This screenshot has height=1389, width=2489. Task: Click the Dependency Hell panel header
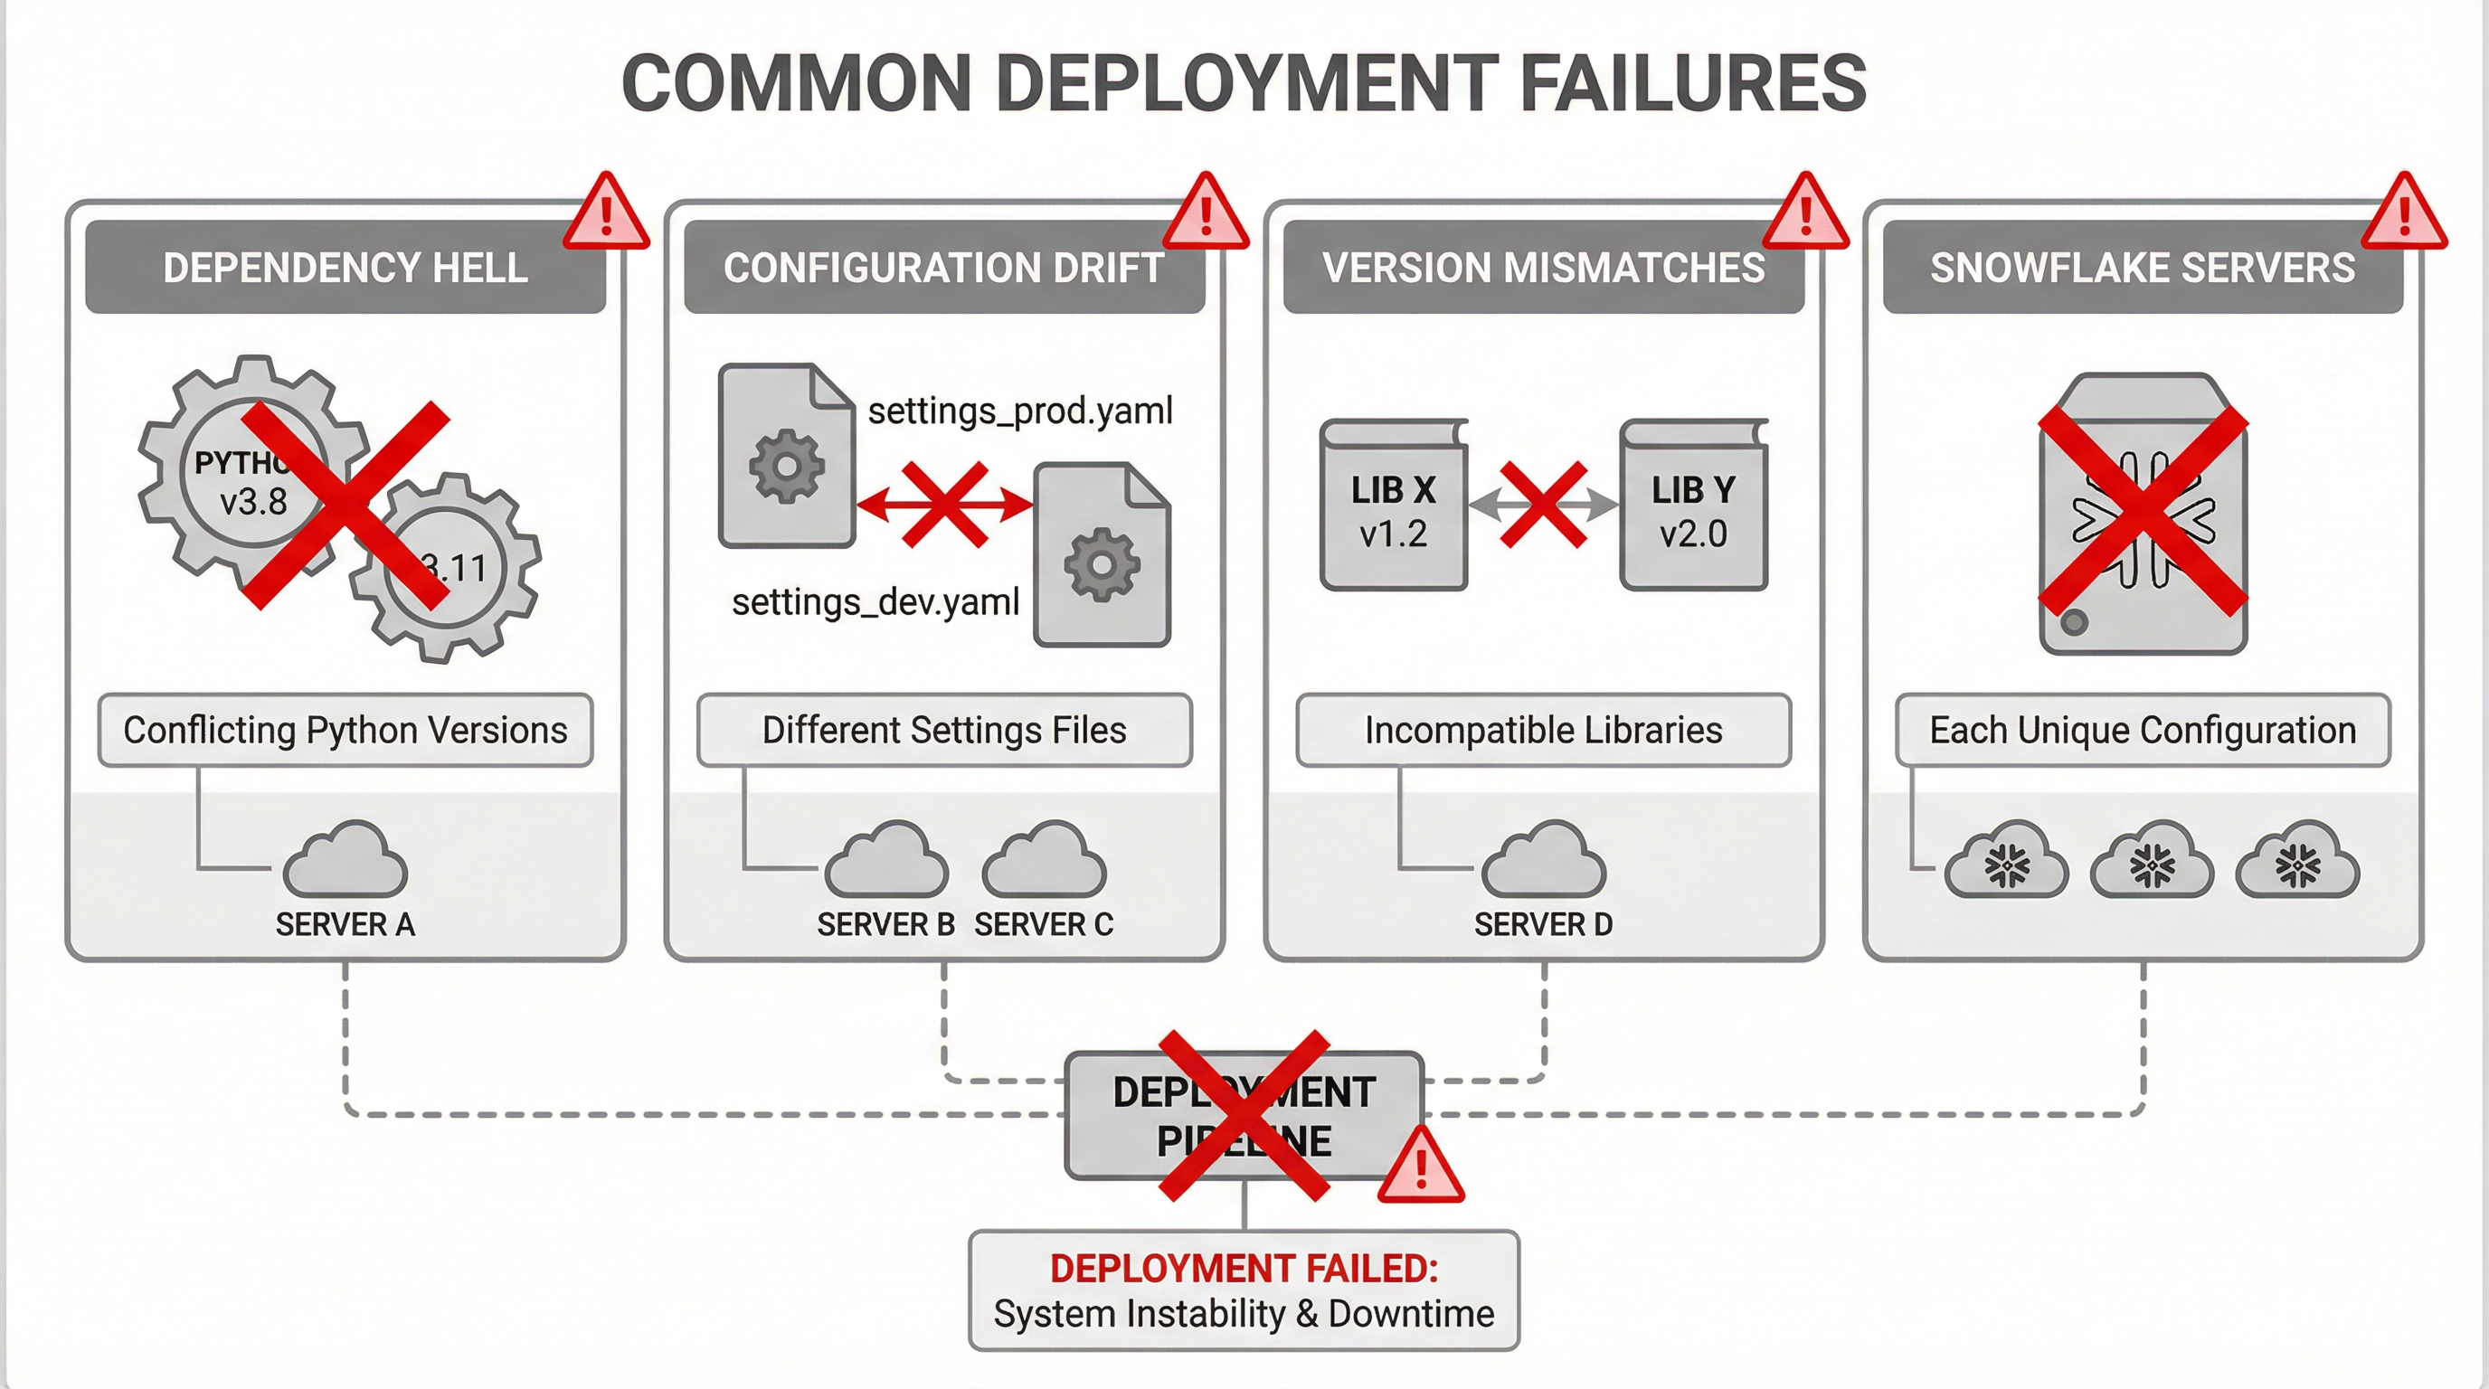[345, 268]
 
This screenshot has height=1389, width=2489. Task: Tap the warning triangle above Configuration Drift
[1205, 214]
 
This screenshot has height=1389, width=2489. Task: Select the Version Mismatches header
[1543, 268]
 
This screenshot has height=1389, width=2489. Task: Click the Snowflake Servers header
[2142, 268]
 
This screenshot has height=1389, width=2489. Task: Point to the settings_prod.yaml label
[1019, 411]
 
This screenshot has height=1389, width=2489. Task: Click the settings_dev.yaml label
[875, 601]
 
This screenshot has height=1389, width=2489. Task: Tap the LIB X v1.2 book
[1394, 506]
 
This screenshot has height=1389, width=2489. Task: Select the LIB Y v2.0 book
[1693, 506]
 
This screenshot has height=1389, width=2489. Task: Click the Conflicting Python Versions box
[345, 731]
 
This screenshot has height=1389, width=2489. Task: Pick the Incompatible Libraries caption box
[1543, 731]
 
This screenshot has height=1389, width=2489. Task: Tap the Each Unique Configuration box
[2142, 731]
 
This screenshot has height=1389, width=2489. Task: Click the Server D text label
[1543, 924]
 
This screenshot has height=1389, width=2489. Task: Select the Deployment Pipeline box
[1244, 1116]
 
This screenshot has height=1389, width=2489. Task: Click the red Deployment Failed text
[1244, 1268]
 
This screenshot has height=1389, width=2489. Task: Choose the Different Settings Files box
[944, 731]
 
